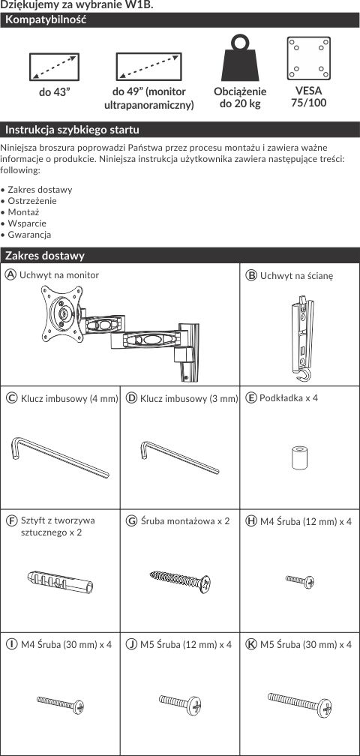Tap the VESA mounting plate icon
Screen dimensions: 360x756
308,58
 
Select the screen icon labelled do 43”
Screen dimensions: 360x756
55,67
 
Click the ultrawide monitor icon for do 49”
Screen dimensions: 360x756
149,67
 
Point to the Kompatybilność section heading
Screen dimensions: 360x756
46,20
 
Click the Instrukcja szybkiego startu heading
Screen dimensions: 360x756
72,130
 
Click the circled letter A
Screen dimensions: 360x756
10,274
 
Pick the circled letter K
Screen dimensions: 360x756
251,644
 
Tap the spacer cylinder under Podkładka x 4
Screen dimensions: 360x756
299,458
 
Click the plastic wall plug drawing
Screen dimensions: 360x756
60,580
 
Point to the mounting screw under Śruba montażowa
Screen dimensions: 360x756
180,582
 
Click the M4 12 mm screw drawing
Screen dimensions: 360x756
300,581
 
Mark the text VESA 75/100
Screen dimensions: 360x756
308,97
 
